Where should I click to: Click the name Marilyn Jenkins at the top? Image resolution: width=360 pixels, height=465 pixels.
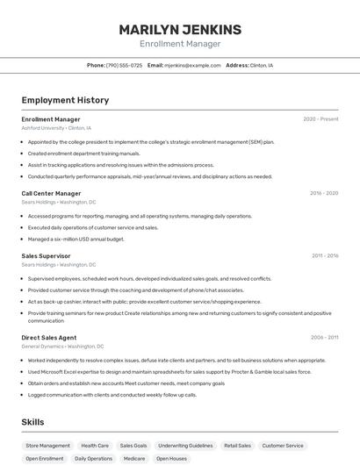coord(180,30)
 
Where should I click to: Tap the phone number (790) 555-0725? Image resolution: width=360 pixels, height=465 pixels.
coord(124,65)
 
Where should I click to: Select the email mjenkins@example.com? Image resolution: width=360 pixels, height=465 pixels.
coord(192,65)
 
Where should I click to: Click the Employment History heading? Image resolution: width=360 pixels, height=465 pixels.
coord(65,100)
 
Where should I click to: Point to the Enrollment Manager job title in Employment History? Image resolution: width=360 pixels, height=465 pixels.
coord(51,119)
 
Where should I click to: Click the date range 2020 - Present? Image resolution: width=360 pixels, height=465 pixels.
coord(320,119)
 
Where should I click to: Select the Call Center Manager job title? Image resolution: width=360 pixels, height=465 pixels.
coord(51,193)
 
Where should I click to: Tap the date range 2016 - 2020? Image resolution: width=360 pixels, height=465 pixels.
coord(324,193)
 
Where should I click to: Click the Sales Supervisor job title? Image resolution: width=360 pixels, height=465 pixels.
coord(47,256)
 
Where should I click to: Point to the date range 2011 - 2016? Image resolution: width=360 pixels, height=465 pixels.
coord(325,256)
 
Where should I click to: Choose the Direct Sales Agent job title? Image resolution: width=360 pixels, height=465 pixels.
coord(49,338)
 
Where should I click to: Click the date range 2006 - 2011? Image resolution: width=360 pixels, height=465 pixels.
coord(324,338)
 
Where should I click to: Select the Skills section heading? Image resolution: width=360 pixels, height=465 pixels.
coord(33,422)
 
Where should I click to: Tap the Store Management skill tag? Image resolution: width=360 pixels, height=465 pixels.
coord(47,446)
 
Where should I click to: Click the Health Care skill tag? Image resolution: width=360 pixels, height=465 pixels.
coord(95,446)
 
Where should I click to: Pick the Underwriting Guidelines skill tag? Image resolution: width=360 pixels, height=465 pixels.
coord(185,446)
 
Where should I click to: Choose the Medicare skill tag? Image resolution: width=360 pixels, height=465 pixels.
coord(134,459)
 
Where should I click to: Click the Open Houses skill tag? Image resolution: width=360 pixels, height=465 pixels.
coord(172,459)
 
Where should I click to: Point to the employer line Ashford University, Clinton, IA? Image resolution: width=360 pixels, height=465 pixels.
coord(56,128)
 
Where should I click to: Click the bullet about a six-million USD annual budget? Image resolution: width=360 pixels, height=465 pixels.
coord(76,239)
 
